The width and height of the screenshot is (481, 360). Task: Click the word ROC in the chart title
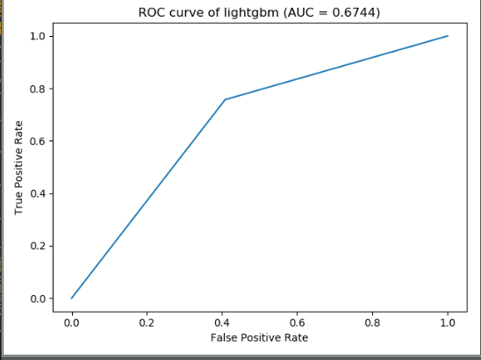(152, 12)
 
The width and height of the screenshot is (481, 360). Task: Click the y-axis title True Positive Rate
(18, 167)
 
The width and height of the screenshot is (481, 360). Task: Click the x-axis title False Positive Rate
(260, 337)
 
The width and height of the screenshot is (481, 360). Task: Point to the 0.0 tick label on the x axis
(72, 321)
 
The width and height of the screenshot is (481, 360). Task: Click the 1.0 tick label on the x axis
(448, 321)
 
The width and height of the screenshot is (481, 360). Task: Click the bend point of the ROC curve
(225, 99)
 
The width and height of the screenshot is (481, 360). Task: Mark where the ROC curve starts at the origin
(72, 298)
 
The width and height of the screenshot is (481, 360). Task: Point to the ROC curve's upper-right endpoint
(448, 36)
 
